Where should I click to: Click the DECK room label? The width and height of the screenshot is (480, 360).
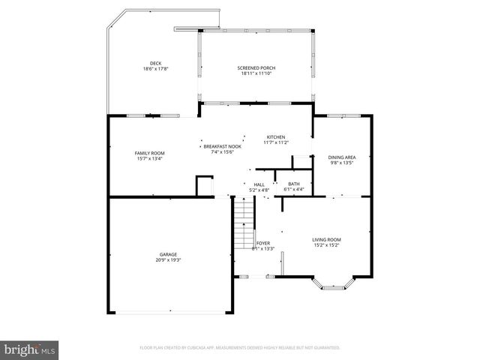click(x=155, y=63)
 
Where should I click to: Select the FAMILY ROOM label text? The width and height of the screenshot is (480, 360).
click(x=149, y=153)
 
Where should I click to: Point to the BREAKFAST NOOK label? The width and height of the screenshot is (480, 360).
click(x=223, y=146)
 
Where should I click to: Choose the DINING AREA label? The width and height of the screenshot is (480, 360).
click(x=342, y=157)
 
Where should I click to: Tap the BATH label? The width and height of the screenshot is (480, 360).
click(x=293, y=184)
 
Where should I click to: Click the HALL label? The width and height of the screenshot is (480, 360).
click(x=259, y=184)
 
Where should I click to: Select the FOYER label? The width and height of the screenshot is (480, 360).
click(x=263, y=243)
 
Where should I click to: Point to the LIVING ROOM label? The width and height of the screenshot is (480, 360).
click(x=326, y=239)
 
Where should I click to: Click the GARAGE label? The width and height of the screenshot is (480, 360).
click(x=168, y=254)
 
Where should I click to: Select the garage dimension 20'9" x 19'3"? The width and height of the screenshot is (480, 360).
click(x=168, y=260)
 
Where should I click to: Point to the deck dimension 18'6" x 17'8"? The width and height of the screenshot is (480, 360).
click(x=155, y=69)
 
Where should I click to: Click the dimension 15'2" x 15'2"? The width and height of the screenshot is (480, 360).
click(x=326, y=245)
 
